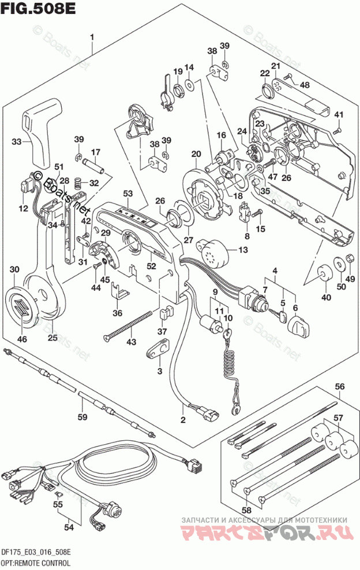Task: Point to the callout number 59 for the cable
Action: [x=82, y=417]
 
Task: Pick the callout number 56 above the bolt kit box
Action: [x=340, y=387]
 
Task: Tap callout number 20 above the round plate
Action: [x=196, y=154]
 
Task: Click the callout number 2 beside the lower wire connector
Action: [x=183, y=419]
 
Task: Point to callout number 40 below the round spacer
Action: [x=327, y=298]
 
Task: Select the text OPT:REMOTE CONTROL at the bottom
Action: [x=36, y=562]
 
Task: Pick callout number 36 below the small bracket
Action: [x=118, y=313]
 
